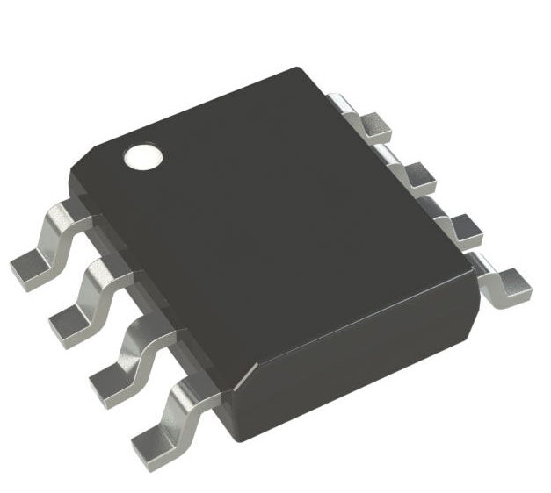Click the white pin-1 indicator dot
tap(143, 157)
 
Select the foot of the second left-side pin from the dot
tap(70, 322)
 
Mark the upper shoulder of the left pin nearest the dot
tap(67, 213)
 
